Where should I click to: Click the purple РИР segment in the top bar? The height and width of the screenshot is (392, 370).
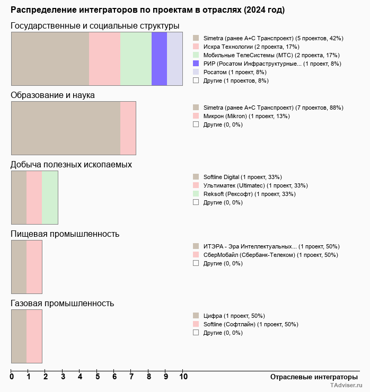(159, 58)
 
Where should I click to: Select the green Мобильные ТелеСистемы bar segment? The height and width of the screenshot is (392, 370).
(136, 58)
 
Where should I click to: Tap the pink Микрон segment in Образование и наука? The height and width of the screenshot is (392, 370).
(128, 128)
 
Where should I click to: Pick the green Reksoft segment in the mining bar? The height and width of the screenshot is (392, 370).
(50, 198)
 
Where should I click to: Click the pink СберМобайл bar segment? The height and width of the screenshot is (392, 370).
(34, 267)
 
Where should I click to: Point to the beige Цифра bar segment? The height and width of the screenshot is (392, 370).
(19, 336)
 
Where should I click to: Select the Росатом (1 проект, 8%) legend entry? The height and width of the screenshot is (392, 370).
(235, 72)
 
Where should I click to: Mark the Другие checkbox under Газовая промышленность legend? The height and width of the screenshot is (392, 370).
(196, 333)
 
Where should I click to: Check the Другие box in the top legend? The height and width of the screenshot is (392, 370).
(196, 81)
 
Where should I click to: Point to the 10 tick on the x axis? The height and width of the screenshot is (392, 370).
(183, 377)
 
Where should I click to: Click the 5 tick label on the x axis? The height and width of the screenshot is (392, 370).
(97, 377)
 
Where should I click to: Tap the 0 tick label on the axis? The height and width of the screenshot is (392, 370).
(12, 377)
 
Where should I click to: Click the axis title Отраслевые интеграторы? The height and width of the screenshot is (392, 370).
(310, 377)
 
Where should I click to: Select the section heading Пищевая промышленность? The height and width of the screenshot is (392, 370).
(65, 234)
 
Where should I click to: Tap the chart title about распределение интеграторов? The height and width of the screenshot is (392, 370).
(147, 10)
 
